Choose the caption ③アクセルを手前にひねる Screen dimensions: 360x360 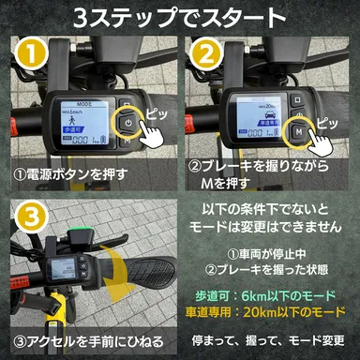[89, 339]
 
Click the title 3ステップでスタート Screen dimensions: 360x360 [180, 19]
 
